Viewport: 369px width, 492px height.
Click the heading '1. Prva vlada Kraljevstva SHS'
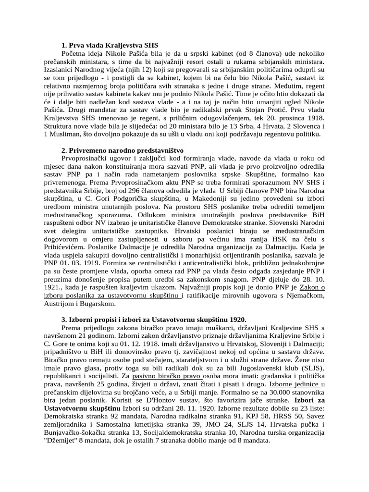pos(111,45)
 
